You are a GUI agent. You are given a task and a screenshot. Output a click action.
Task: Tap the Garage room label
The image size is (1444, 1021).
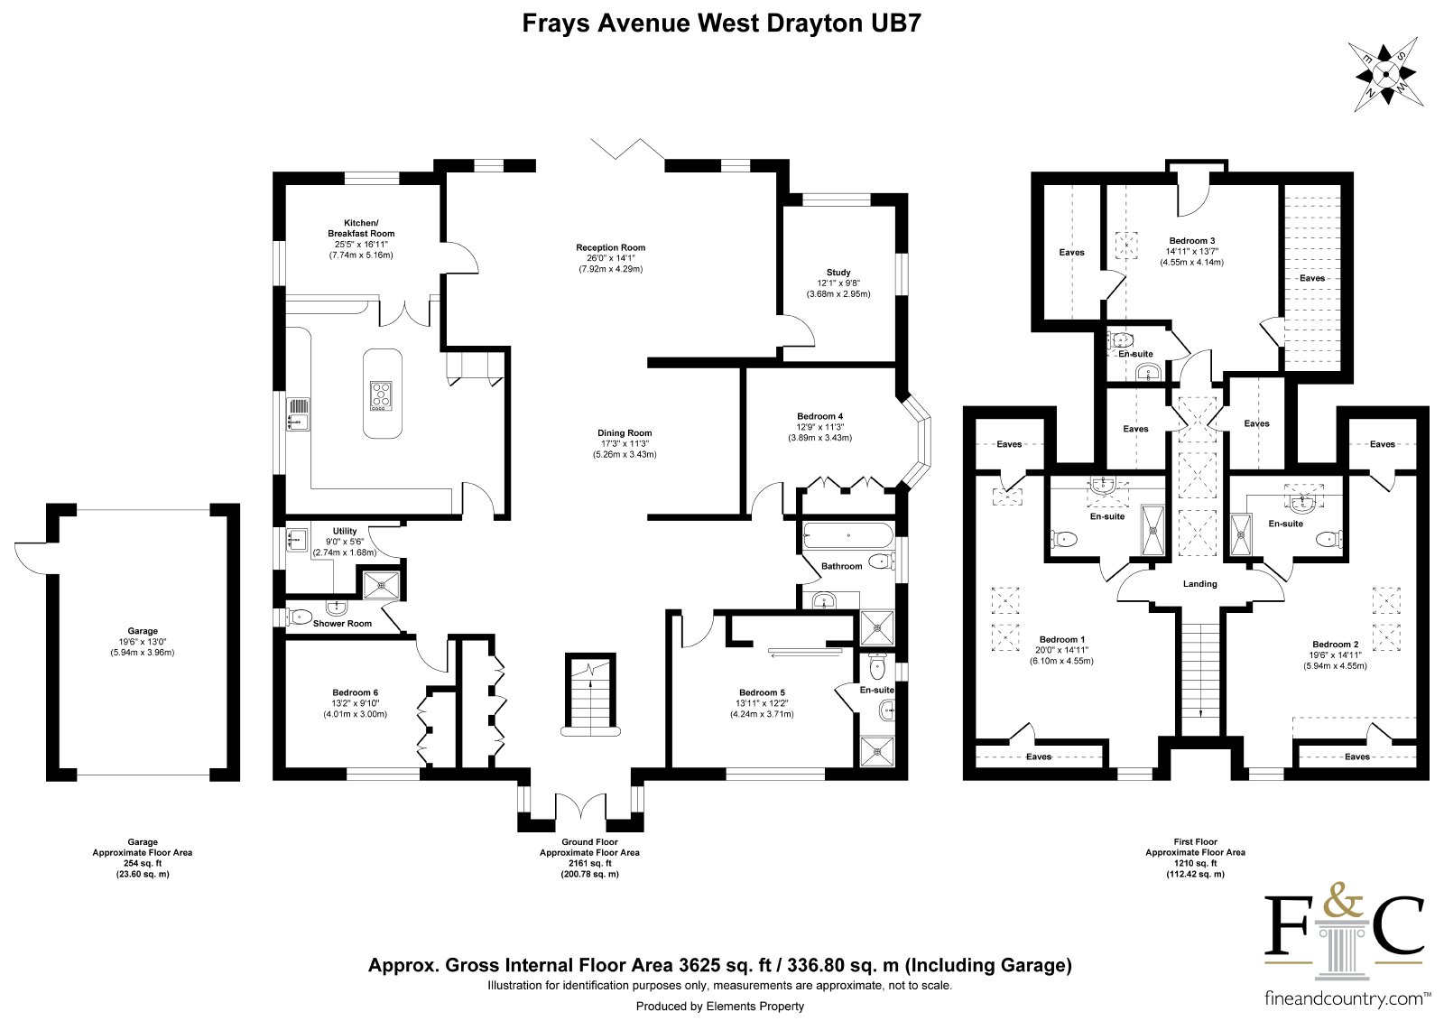click(x=143, y=631)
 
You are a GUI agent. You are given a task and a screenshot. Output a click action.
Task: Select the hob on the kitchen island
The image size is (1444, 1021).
click(x=381, y=396)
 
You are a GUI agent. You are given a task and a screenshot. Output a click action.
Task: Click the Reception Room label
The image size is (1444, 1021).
click(x=610, y=247)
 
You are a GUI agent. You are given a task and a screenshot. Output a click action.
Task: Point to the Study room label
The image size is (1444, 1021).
click(x=838, y=273)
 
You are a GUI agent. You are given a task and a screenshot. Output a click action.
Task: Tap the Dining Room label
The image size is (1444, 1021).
click(x=625, y=432)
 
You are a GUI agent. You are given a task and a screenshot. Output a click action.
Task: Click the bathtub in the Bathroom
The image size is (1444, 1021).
click(x=848, y=535)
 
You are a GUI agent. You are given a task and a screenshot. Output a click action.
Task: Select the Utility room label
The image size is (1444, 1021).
click(x=345, y=531)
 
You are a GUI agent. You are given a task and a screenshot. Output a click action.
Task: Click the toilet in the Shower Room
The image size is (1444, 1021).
click(x=299, y=617)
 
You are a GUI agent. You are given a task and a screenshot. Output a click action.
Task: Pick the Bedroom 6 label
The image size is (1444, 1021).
click(x=356, y=692)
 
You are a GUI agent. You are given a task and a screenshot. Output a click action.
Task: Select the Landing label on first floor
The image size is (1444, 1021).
click(x=1199, y=584)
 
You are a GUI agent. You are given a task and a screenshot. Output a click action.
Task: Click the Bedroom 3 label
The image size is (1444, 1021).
click(x=1192, y=240)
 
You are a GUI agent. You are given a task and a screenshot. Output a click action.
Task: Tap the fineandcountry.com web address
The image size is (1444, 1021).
click(x=1344, y=999)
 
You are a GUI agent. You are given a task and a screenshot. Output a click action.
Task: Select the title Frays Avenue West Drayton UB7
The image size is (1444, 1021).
click(x=721, y=23)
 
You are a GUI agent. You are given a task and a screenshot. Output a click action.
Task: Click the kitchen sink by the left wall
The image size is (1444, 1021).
click(x=297, y=414)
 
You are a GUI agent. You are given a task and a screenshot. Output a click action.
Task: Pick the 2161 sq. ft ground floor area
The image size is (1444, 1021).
click(x=589, y=863)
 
